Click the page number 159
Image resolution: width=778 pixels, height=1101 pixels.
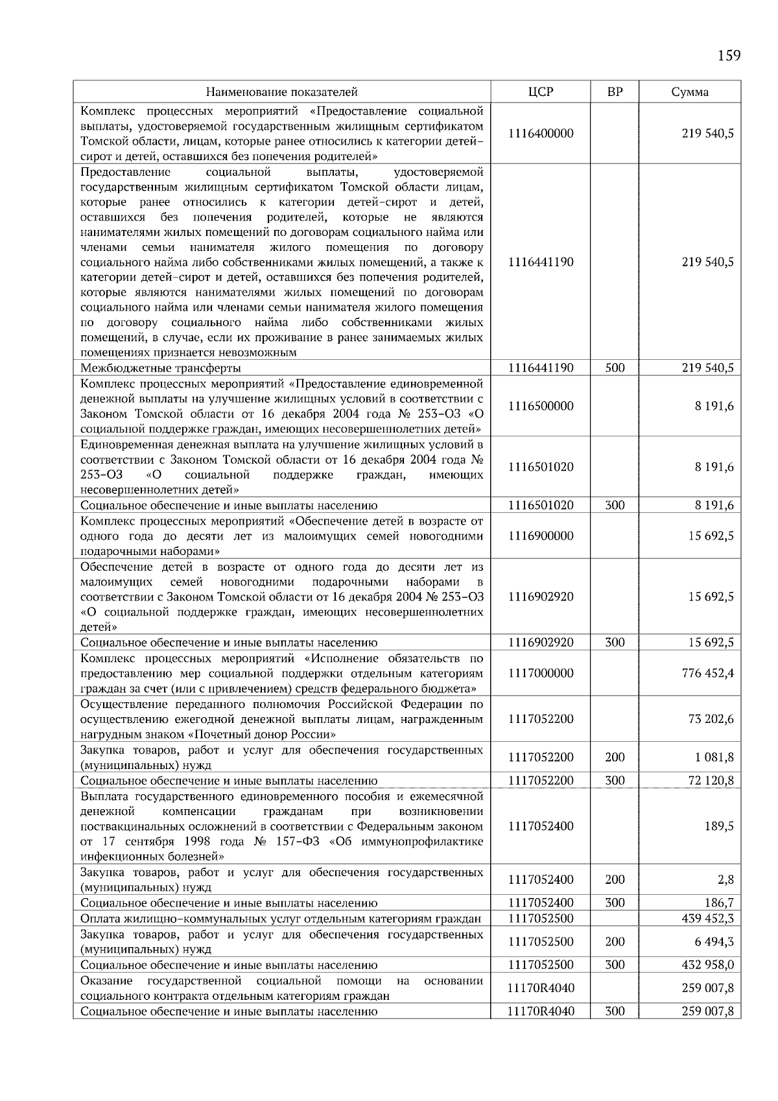[729, 56]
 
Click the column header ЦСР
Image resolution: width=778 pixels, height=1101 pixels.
[541, 92]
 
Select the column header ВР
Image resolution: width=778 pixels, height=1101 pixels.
[615, 92]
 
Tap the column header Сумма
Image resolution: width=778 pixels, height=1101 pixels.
[690, 92]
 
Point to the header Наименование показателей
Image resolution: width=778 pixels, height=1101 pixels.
[282, 92]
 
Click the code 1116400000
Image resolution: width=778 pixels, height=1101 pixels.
[541, 134]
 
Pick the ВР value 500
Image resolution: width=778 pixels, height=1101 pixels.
[615, 368]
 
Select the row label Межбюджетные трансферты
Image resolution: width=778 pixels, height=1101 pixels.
[160, 368]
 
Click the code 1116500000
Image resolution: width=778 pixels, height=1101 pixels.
[541, 407]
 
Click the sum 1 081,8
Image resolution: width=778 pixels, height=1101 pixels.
[713, 757]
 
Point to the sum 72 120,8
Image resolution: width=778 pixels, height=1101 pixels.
[711, 781]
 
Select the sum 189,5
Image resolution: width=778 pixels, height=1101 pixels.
[719, 827]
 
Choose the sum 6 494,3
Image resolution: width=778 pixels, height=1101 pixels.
[713, 942]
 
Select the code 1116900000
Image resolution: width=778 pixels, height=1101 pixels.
[541, 536]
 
